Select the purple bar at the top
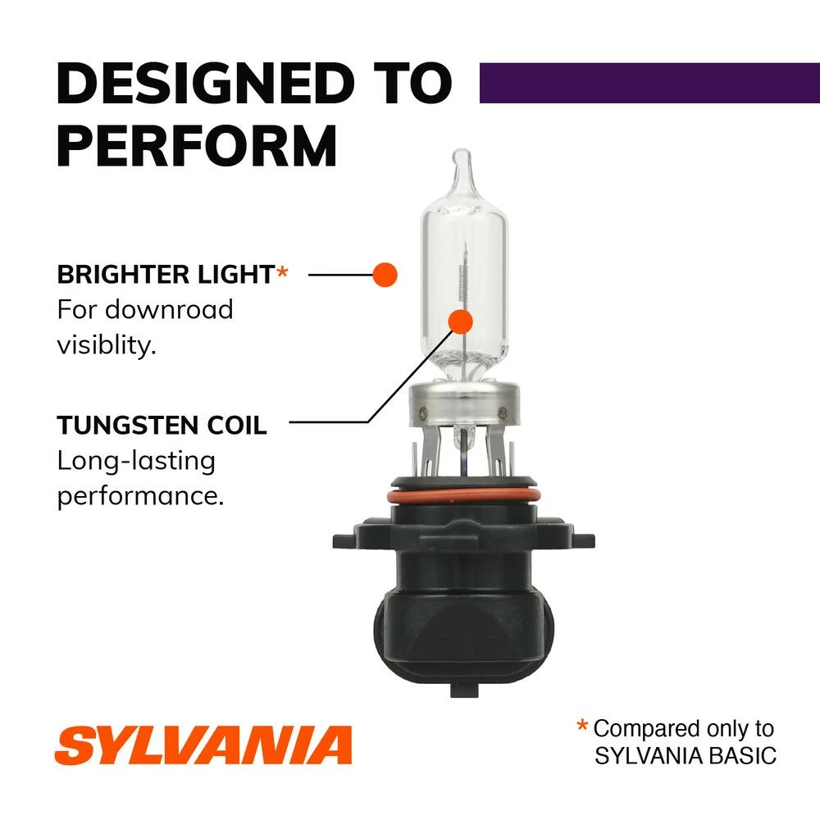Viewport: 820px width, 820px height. coord(649,82)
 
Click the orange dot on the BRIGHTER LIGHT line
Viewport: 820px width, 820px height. coord(385,275)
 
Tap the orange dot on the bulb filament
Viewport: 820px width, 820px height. coord(461,321)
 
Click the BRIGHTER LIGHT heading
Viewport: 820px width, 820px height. coord(164,275)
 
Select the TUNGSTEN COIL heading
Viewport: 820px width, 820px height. coord(162,426)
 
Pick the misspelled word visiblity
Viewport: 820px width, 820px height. coord(106,345)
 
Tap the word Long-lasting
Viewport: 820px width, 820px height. coord(136,461)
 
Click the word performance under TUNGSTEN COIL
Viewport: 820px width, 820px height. coord(139,496)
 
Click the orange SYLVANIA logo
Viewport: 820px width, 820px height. coord(203,744)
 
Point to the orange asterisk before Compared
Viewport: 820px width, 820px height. coord(582,726)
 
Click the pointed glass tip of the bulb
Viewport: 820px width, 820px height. coord(462,161)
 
